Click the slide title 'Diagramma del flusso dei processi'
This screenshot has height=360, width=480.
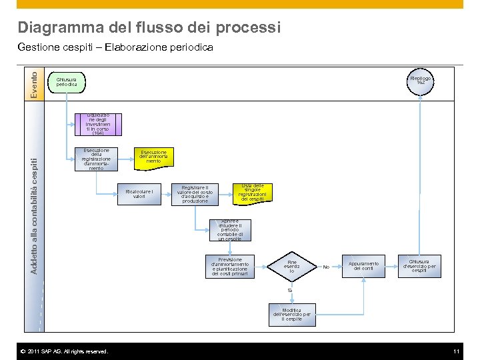click(x=149, y=27)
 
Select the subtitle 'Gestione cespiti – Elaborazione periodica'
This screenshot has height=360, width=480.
click(x=115, y=47)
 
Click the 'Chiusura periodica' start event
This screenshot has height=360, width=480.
click(x=67, y=82)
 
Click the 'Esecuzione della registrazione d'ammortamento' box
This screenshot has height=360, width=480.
click(x=96, y=159)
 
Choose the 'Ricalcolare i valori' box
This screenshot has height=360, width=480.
click(x=139, y=194)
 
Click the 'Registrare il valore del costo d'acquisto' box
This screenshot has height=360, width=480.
click(x=195, y=194)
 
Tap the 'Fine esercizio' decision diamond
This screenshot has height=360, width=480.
click(x=291, y=267)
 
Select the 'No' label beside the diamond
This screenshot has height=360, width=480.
click(x=326, y=267)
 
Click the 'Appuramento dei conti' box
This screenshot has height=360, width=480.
click(x=364, y=266)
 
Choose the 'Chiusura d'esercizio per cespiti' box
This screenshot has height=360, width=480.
click(x=419, y=266)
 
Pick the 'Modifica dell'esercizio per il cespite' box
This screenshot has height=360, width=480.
click(x=291, y=315)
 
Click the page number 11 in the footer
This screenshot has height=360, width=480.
click(x=457, y=351)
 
